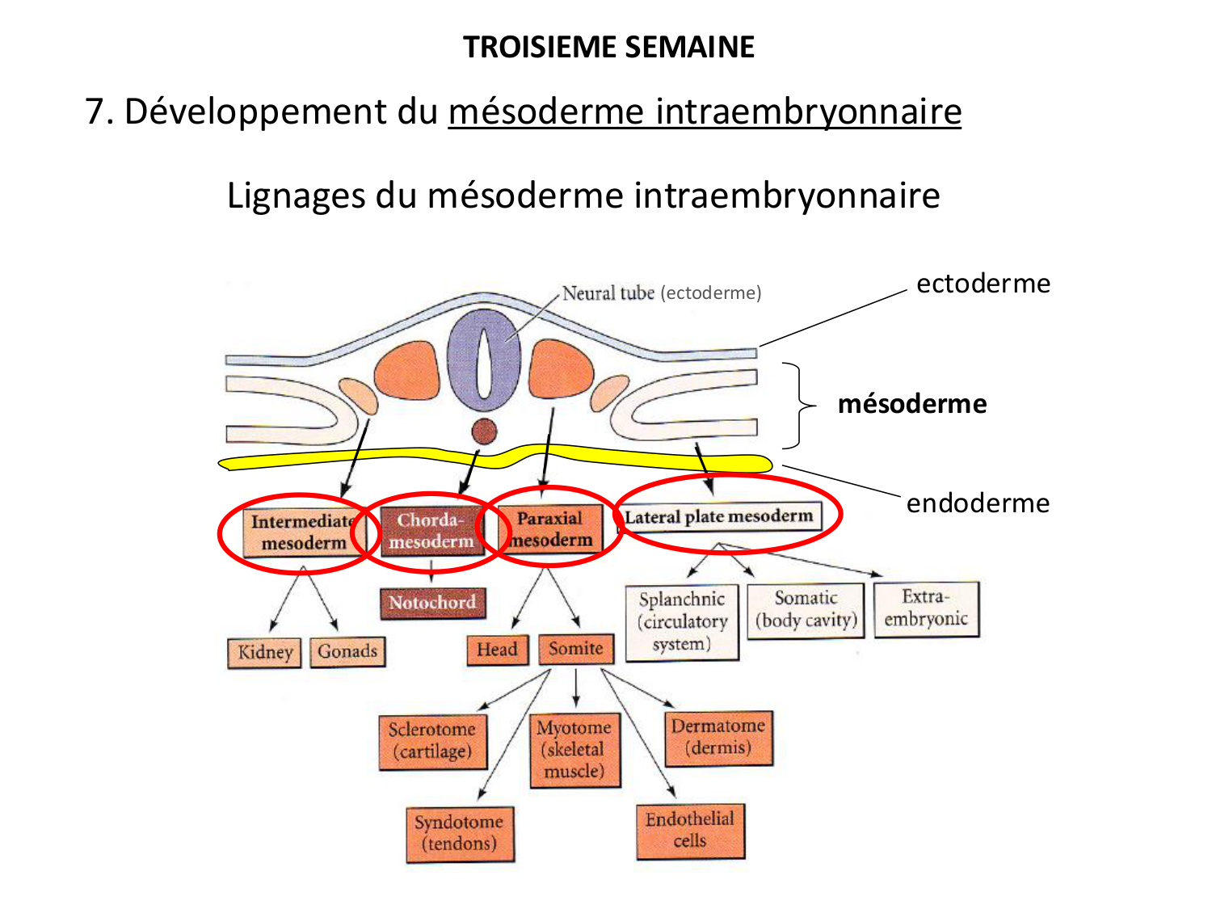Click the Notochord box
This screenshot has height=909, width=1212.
click(x=432, y=603)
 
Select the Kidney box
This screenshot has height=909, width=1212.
click(x=264, y=652)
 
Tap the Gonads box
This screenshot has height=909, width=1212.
click(x=347, y=651)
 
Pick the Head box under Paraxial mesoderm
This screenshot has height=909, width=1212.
click(x=497, y=650)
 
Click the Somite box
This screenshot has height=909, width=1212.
click(x=575, y=649)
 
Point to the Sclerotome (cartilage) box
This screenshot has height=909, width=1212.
click(x=432, y=741)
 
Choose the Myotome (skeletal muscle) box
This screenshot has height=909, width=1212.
click(x=574, y=749)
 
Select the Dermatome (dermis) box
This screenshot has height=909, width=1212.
click(x=718, y=737)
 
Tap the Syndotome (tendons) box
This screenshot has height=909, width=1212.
click(x=459, y=833)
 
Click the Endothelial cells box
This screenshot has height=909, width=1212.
click(x=690, y=830)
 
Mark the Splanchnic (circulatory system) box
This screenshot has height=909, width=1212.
click(x=682, y=621)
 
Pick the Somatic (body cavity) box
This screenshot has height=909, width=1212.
click(x=806, y=610)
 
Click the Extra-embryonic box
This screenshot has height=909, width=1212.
click(x=926, y=608)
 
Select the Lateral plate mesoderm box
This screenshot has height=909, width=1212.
click(x=719, y=516)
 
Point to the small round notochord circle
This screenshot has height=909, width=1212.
click(x=484, y=431)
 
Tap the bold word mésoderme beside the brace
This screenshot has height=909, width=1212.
click(x=912, y=403)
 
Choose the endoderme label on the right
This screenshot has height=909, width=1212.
click(x=978, y=503)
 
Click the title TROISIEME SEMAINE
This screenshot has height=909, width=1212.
click(x=608, y=47)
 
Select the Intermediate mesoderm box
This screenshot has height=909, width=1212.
click(x=303, y=532)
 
